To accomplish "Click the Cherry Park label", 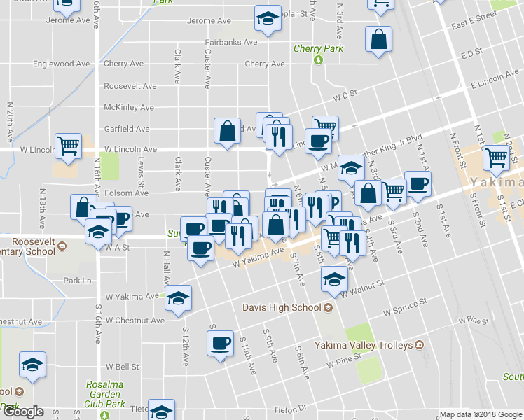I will [318, 49].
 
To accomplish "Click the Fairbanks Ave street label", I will [231, 42].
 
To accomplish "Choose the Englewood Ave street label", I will [62, 64].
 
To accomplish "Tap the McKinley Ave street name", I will [128, 107].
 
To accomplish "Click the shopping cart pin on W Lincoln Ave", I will [69, 146].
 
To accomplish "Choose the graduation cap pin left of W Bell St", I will [32, 365].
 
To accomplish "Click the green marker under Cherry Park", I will [318, 60].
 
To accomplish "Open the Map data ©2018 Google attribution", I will [480, 414].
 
